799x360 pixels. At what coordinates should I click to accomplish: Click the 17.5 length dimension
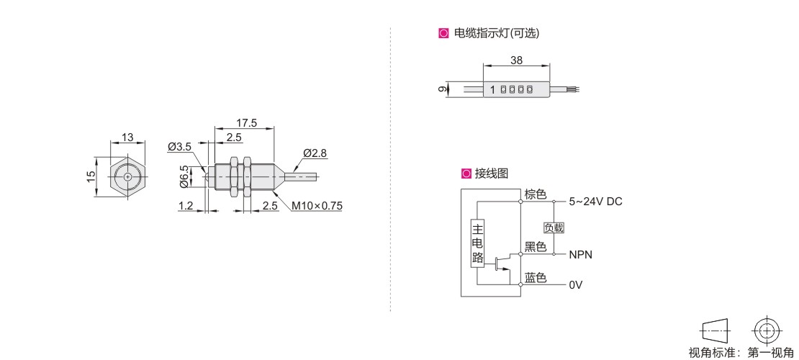point(245,122)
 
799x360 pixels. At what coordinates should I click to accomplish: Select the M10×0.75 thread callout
point(317,206)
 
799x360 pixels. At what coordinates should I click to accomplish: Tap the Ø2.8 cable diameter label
point(315,153)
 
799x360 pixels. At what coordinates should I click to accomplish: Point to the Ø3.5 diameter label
point(179,147)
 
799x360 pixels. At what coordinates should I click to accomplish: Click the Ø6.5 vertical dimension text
point(184,176)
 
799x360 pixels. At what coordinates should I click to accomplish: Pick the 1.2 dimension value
point(186,206)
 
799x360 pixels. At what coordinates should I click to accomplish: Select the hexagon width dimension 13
point(127,137)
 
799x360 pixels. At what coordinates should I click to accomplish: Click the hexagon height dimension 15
point(91,176)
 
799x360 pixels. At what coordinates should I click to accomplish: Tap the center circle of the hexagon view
point(127,176)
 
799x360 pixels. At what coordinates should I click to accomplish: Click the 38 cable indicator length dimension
point(516,60)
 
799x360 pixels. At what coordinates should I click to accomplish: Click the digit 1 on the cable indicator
point(492,90)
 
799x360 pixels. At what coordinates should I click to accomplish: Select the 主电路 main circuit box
point(477,243)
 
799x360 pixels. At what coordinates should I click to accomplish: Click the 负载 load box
point(554,228)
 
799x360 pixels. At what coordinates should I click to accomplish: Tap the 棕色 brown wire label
point(536,194)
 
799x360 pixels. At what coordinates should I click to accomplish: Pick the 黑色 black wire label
point(536,247)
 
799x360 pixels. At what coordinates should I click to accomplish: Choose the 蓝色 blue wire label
point(536,278)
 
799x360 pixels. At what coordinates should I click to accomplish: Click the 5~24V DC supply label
point(595,202)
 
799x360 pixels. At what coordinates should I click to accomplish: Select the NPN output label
point(581,254)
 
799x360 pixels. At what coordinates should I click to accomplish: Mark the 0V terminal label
point(575,285)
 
